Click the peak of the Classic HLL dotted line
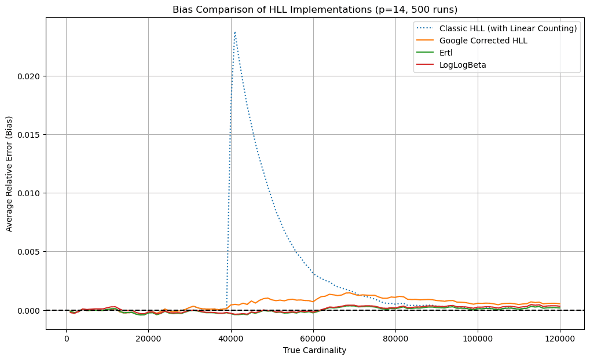coord(235,32)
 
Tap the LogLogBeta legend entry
coord(462,65)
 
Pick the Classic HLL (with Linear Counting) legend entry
coord(508,28)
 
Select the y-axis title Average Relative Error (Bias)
coord(9,174)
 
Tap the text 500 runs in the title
coord(430,9)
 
